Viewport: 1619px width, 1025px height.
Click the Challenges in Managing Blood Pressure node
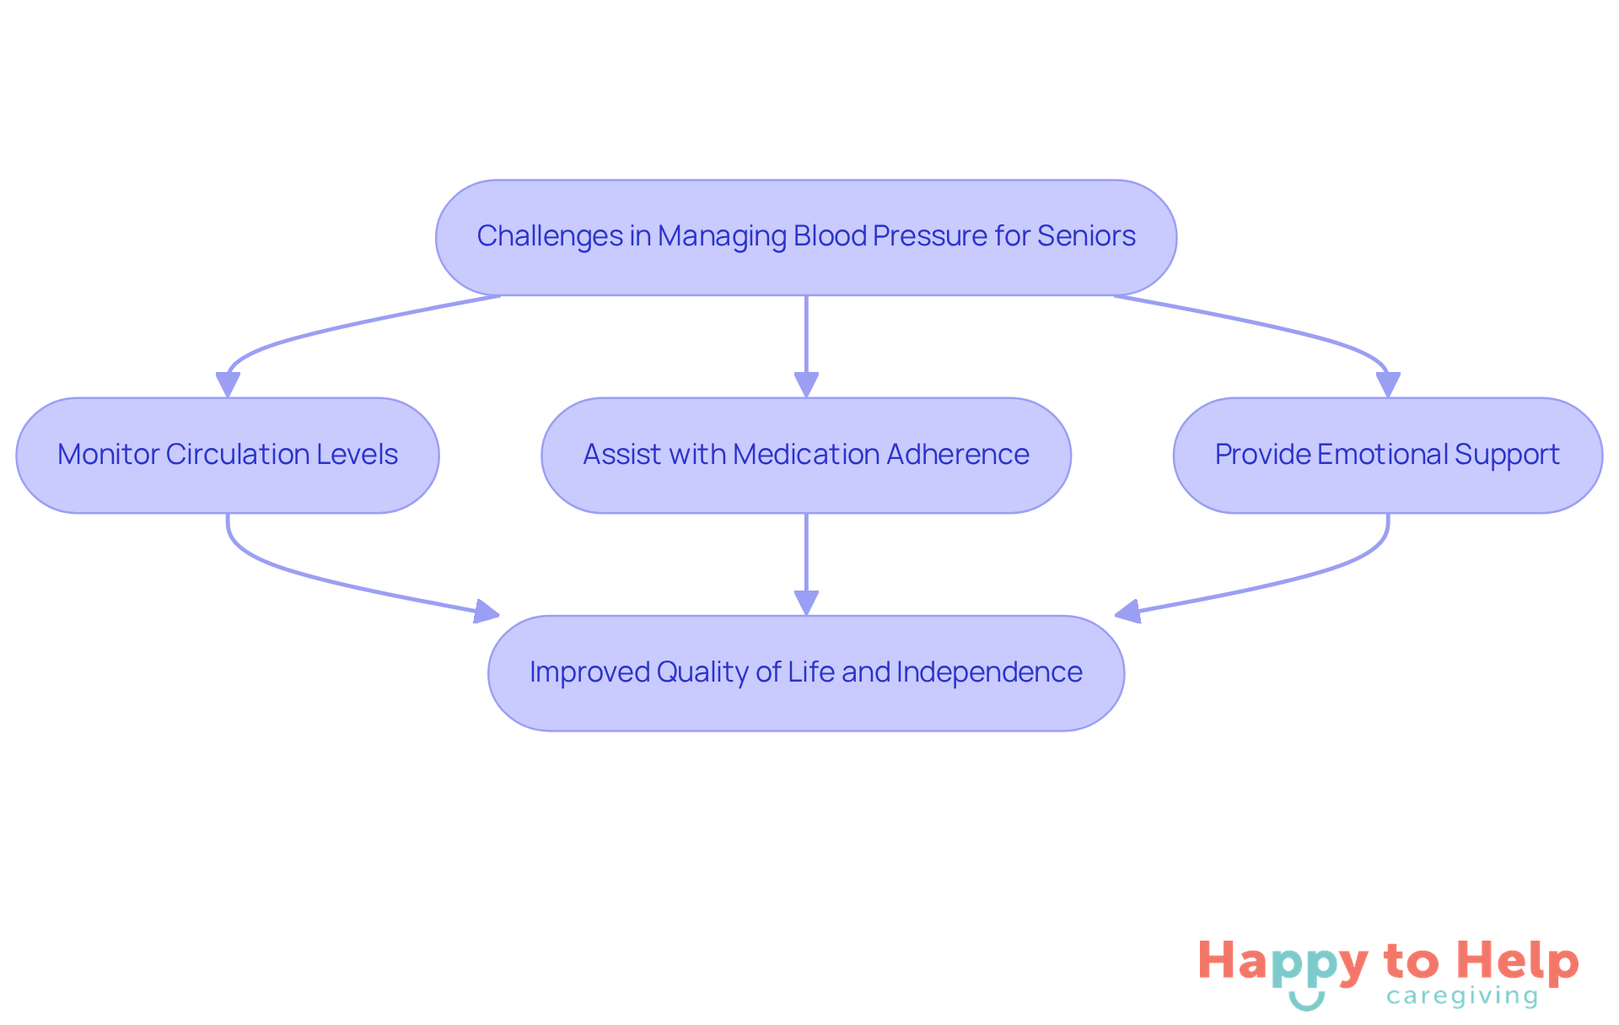(x=805, y=237)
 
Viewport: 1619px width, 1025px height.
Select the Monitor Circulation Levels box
(x=228, y=455)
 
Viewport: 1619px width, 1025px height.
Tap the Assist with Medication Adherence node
(x=805, y=455)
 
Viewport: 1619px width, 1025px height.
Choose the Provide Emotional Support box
(x=1387, y=455)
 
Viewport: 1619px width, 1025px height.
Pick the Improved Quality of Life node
(x=805, y=672)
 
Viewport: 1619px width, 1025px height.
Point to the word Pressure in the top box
(x=929, y=236)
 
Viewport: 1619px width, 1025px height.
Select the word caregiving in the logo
(x=1462, y=996)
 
